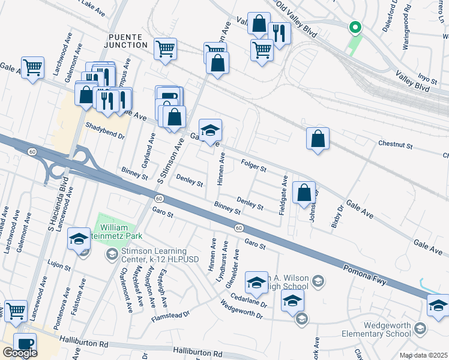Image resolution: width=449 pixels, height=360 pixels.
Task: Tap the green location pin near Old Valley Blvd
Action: click(x=355, y=27)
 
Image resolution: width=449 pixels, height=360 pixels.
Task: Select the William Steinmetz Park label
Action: click(x=122, y=232)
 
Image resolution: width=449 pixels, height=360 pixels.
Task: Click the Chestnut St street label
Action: click(x=395, y=145)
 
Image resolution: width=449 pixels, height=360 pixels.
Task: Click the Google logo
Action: click(x=20, y=353)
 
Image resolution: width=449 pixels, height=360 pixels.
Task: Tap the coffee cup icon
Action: click(x=25, y=343)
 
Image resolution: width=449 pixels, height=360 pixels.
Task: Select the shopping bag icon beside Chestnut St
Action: click(x=318, y=138)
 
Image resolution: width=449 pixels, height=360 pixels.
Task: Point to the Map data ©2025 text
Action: click(x=423, y=355)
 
